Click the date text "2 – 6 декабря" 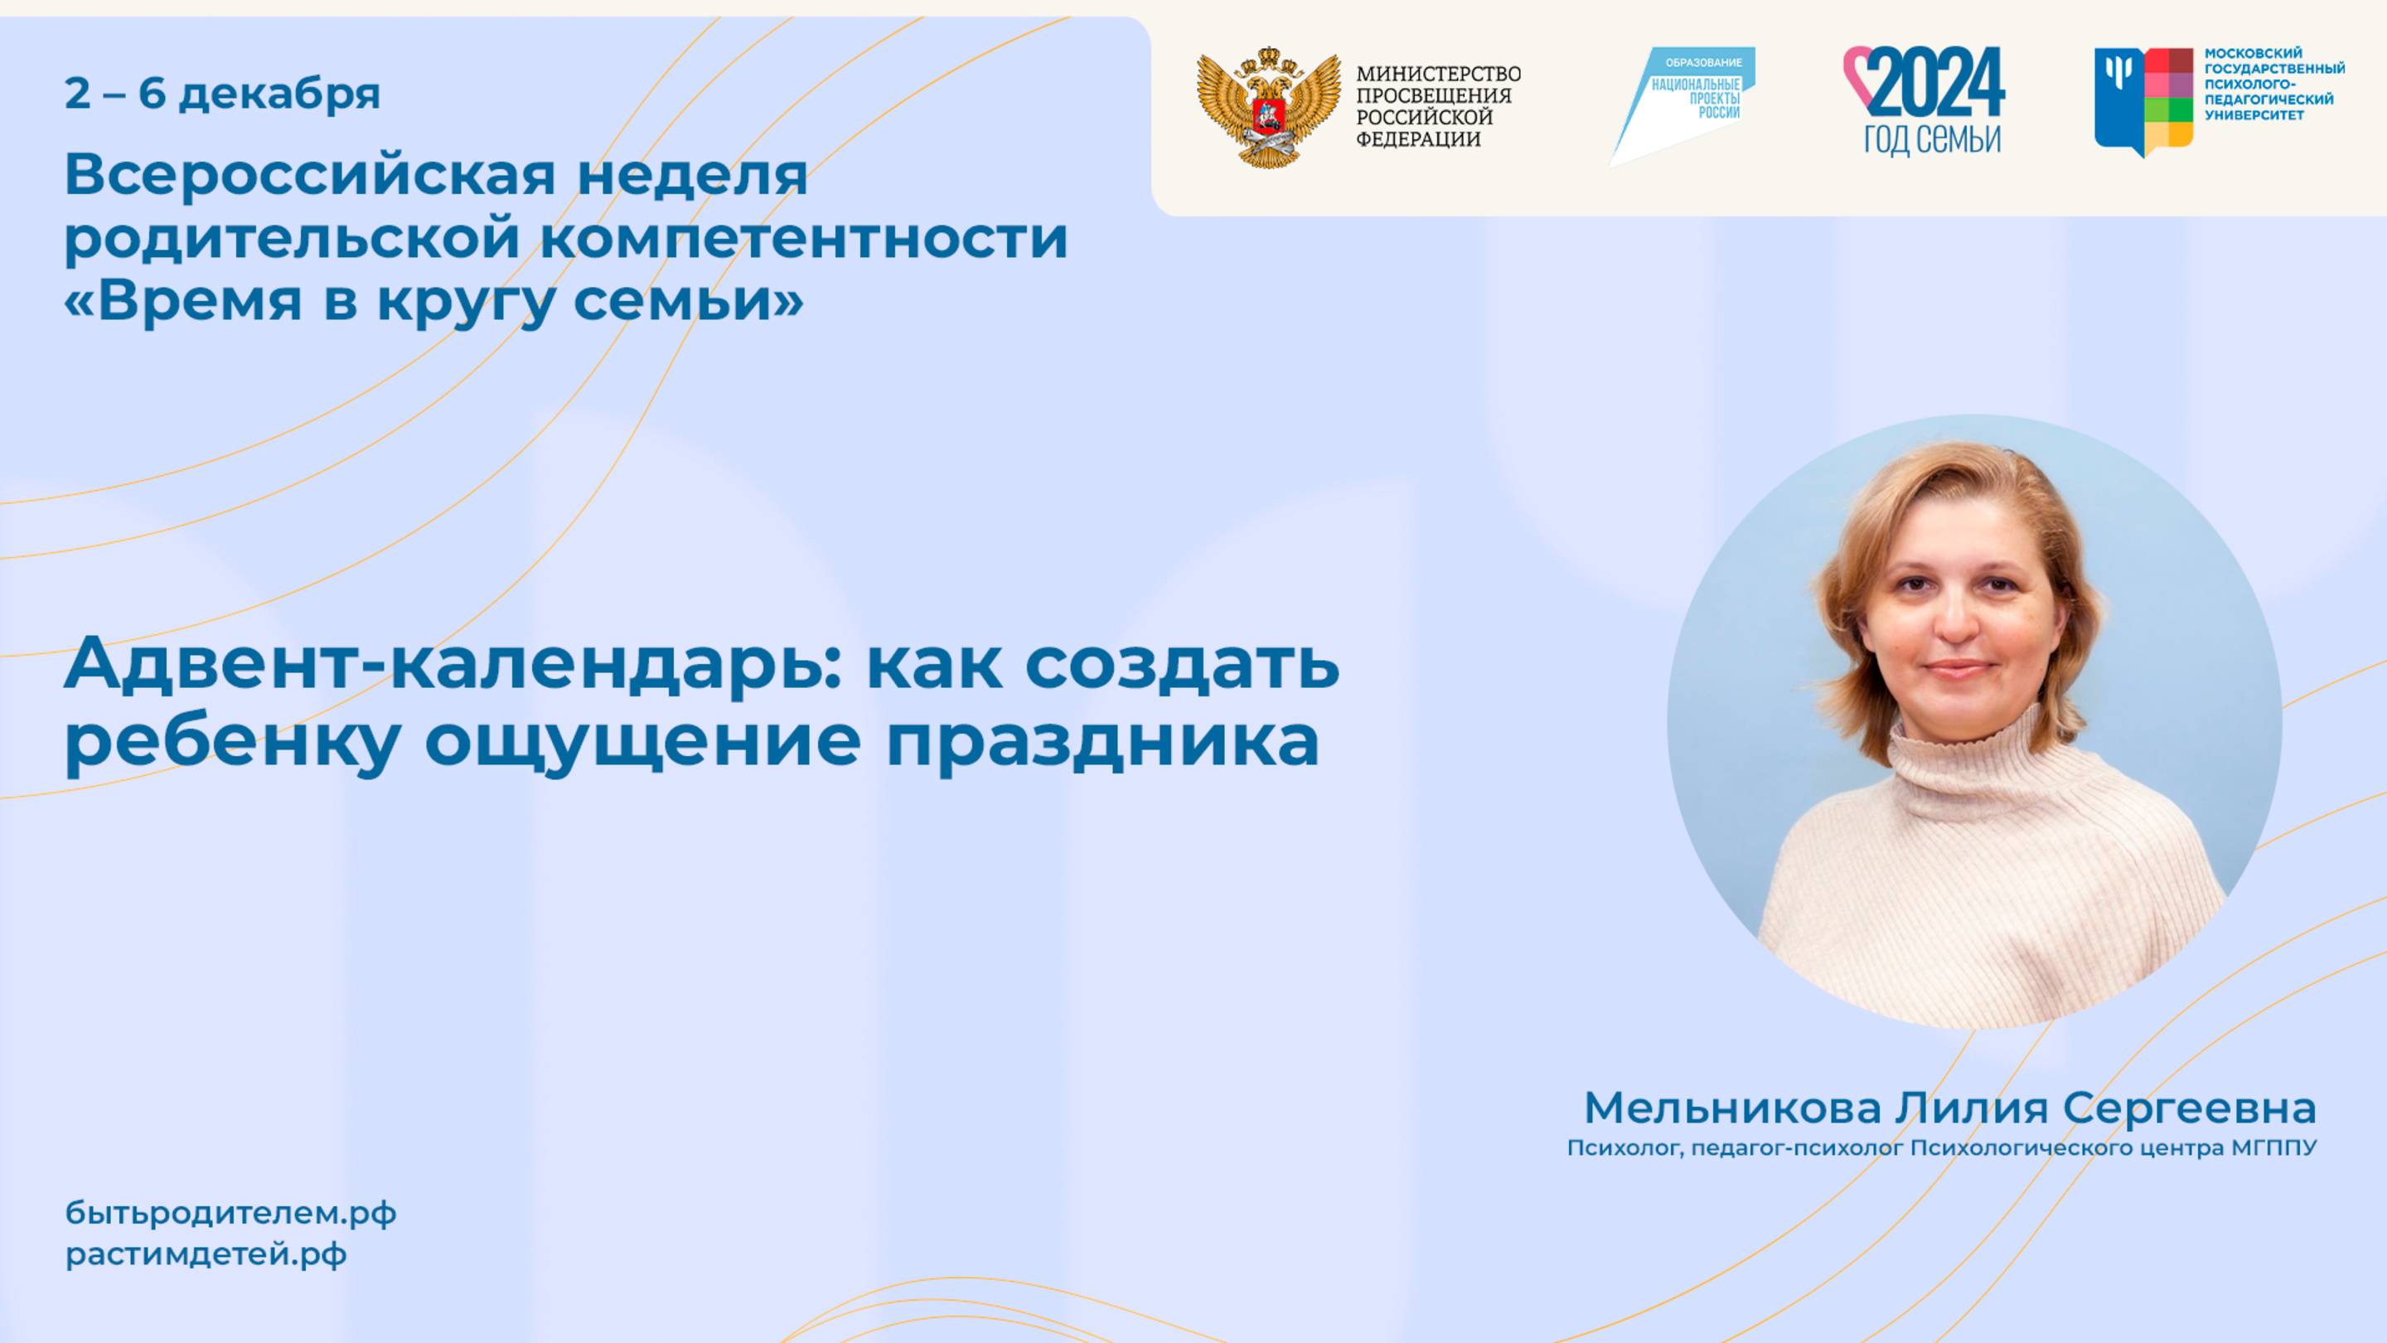tap(222, 95)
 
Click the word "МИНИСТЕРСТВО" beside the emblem tap(1438, 73)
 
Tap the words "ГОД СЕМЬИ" tap(1932, 140)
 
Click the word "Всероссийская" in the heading tap(311, 174)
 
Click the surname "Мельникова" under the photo tap(1733, 1108)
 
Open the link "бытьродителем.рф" tap(230, 1213)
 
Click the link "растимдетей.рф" tap(206, 1255)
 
